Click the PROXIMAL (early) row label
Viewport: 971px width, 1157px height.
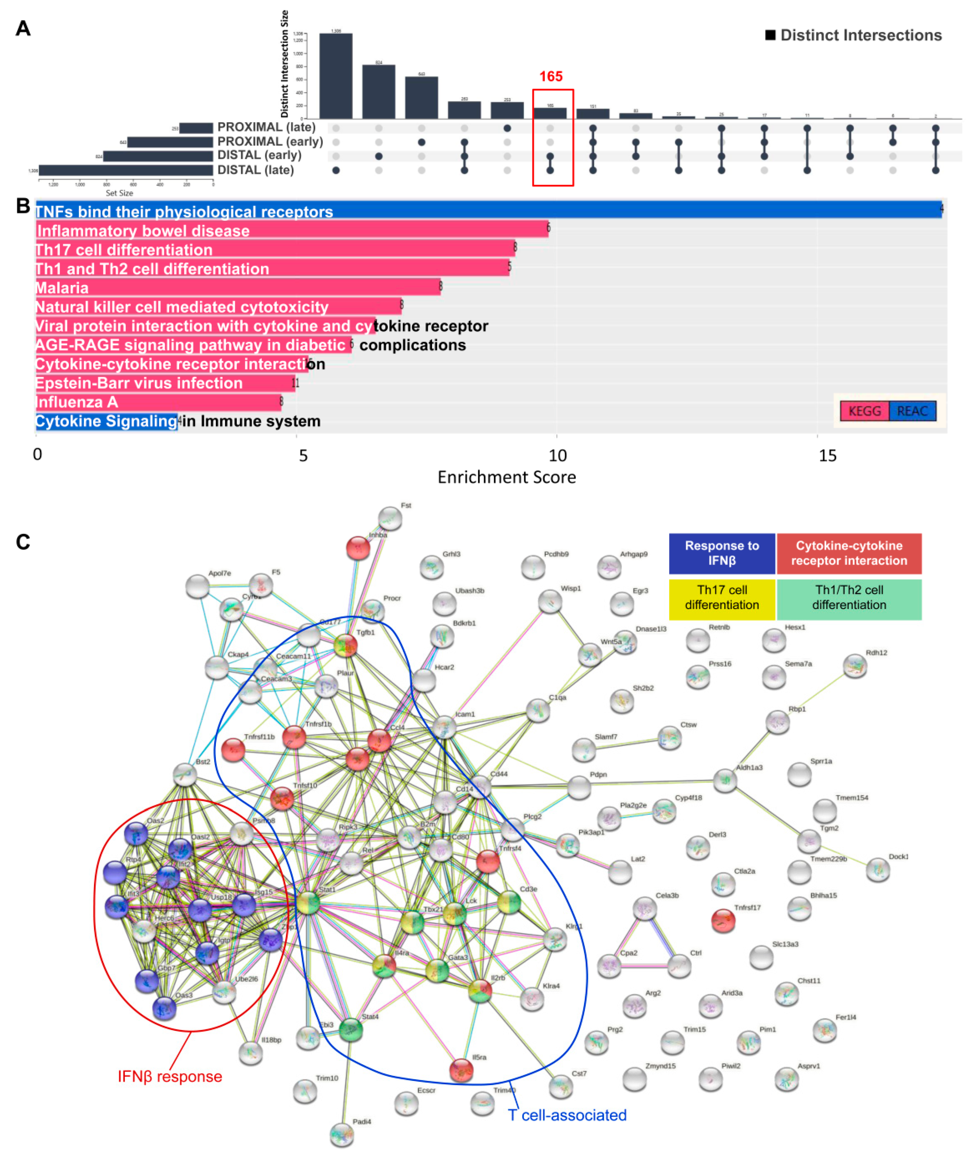click(x=270, y=141)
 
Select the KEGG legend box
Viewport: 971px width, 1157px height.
click(x=864, y=411)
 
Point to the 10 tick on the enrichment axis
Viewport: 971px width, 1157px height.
click(x=557, y=456)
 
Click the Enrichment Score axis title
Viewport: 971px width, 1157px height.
click(x=506, y=477)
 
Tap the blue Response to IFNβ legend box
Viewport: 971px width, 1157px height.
click(x=722, y=553)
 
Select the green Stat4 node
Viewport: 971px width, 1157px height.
click(x=351, y=1029)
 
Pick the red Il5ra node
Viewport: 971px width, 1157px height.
click(x=461, y=1070)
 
